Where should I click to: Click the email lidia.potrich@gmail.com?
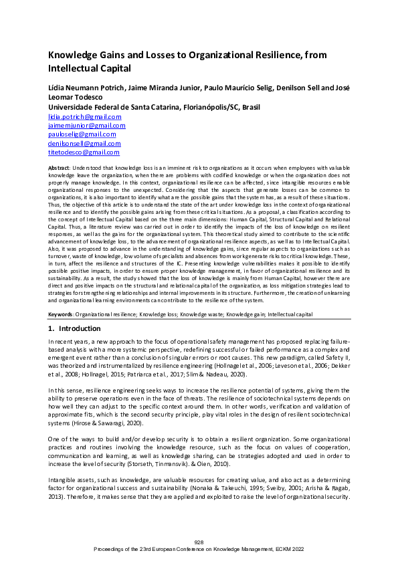coord(85,116)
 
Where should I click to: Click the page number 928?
coord(199,542)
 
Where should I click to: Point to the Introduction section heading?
coord(80,329)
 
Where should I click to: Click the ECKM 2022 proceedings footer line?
coord(199,548)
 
